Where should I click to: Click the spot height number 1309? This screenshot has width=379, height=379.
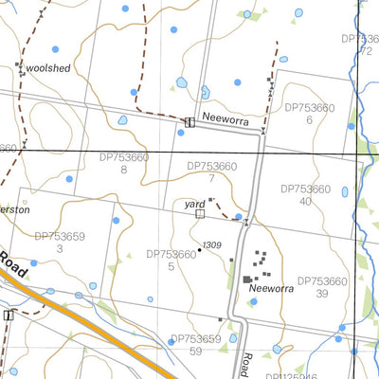[212, 245]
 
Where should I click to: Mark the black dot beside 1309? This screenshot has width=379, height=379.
[199, 250]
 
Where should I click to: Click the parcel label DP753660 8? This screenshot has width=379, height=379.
[122, 163]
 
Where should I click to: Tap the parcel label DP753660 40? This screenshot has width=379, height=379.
[303, 195]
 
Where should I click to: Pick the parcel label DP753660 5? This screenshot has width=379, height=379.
[171, 260]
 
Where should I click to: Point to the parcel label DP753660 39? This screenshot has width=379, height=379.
[323, 287]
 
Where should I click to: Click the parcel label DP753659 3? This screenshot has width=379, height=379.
[59, 243]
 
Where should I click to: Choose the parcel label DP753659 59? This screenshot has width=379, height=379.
[195, 344]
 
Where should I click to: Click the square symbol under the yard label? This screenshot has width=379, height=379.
[199, 215]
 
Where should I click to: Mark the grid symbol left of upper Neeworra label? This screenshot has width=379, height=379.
[189, 122]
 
